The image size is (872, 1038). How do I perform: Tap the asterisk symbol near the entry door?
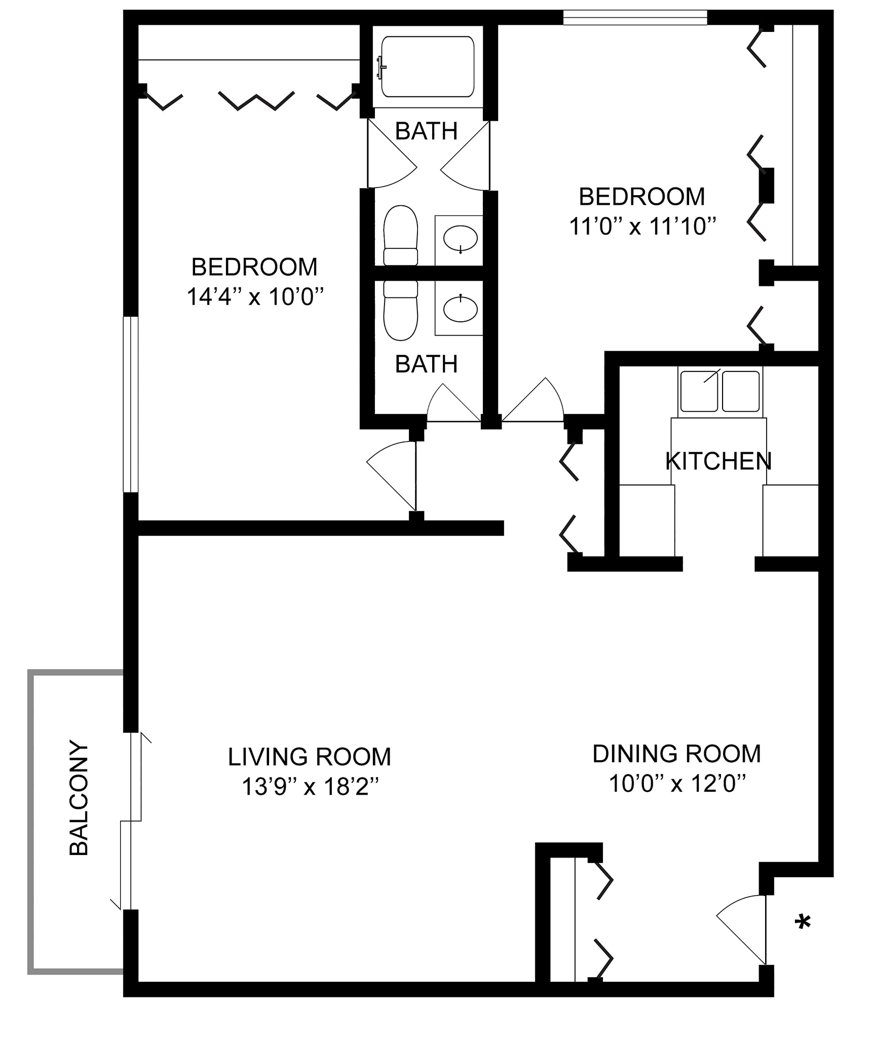(x=802, y=922)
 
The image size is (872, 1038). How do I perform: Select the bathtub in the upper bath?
(x=427, y=66)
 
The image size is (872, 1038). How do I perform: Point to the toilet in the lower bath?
(x=400, y=310)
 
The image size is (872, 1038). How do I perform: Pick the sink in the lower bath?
(x=460, y=309)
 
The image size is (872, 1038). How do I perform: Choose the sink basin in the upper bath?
(x=460, y=238)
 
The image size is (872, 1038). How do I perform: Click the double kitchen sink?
(x=719, y=391)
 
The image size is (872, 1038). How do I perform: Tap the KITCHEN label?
(x=718, y=461)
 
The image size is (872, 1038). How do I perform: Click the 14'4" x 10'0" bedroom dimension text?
(x=255, y=297)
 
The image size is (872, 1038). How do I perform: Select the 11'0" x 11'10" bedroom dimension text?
(x=642, y=227)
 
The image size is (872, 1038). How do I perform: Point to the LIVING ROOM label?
(x=309, y=757)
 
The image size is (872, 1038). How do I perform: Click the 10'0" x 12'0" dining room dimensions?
(x=677, y=784)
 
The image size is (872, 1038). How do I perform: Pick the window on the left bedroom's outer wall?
(x=131, y=404)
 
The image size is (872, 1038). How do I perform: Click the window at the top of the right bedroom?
(x=634, y=17)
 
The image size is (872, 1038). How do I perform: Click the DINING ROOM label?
(x=676, y=754)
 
